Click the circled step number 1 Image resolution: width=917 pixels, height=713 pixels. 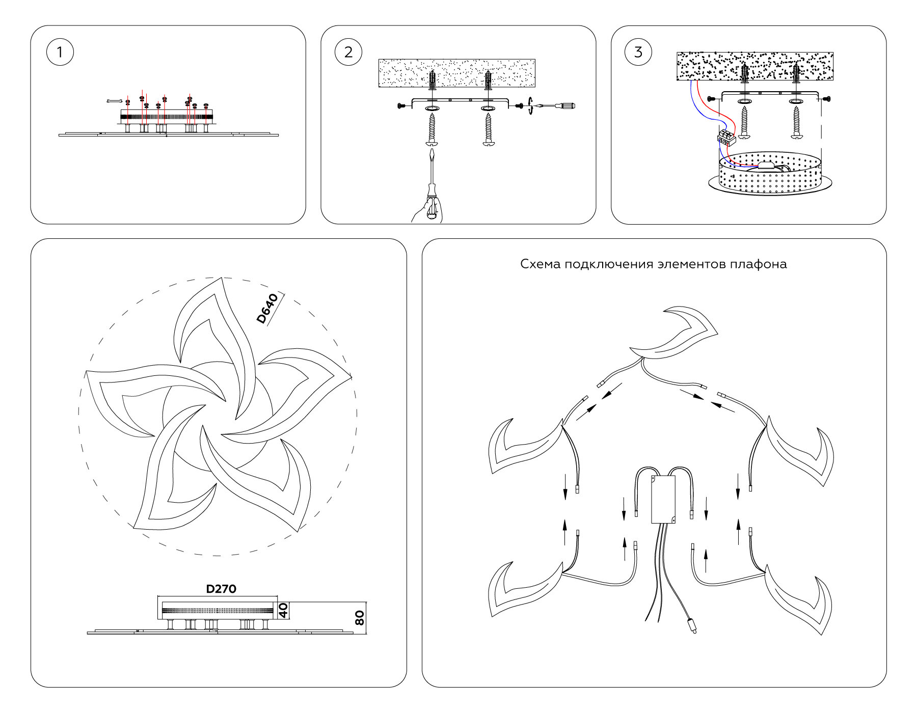[x=60, y=52]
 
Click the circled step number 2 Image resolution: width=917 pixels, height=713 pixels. [x=348, y=52]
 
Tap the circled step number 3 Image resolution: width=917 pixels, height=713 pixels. [x=638, y=52]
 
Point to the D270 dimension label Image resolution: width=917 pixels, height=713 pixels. [x=221, y=589]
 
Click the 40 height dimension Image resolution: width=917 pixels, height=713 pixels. [x=284, y=610]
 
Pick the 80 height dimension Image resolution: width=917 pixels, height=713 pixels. [x=359, y=618]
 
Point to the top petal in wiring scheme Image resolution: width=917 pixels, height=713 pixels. [x=675, y=334]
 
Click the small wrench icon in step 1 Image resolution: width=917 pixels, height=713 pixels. [x=115, y=101]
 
